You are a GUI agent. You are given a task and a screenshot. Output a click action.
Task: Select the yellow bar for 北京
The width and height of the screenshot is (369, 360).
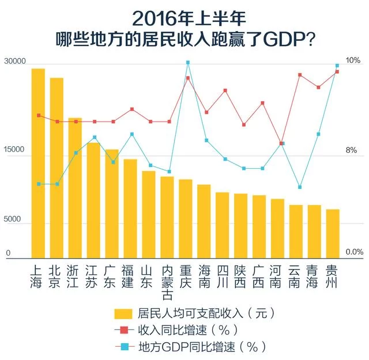click(57, 168)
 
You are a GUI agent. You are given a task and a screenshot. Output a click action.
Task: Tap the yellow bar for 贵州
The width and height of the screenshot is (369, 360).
click(333, 233)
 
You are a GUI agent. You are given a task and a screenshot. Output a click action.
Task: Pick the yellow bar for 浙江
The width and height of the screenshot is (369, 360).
click(75, 188)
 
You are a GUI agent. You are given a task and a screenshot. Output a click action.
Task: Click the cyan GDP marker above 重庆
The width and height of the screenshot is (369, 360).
click(188, 62)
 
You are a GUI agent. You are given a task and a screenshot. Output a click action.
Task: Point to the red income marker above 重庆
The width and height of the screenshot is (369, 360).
click(188, 78)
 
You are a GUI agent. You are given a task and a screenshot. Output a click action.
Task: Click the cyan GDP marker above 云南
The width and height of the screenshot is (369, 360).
click(300, 187)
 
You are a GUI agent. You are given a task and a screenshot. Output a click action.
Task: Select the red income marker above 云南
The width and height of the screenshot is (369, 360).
click(300, 75)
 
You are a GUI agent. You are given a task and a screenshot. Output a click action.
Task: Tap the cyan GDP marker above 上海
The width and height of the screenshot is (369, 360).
click(39, 184)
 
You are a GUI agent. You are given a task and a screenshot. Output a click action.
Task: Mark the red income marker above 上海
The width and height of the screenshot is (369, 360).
click(39, 115)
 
